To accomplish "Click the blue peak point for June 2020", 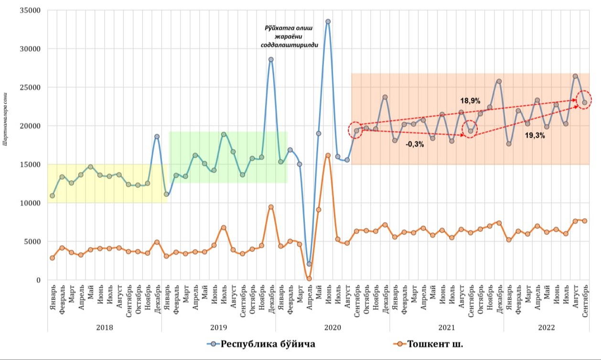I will (328, 22).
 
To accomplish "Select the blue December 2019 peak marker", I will (271, 59).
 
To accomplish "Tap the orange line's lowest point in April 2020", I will (309, 278).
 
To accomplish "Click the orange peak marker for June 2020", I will (328, 155).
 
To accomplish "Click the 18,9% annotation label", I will (470, 101).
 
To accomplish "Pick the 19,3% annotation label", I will (535, 135).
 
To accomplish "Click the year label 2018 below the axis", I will (104, 327).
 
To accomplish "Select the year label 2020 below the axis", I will (332, 327).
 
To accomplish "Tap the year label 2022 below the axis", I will (546, 327).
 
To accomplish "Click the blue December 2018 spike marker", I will (157, 136).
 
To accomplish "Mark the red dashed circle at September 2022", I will (584, 102).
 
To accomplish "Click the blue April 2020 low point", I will (309, 264).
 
